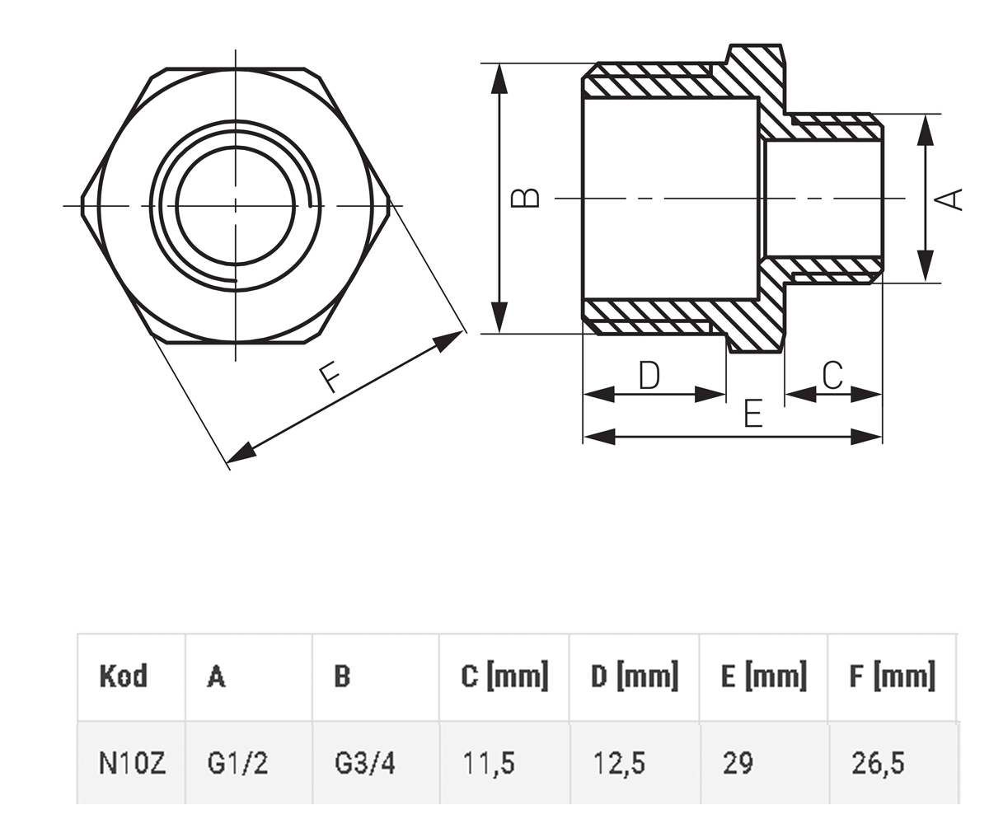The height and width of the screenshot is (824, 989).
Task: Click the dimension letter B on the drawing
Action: pos(526,198)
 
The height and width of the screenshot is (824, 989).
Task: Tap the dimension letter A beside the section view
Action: pos(949,199)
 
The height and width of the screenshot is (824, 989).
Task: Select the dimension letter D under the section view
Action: pos(649,375)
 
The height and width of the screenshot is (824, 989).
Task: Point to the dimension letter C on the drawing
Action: pos(832,375)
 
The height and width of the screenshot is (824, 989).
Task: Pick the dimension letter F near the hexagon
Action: pos(330,377)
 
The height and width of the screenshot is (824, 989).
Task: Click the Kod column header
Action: pos(123,676)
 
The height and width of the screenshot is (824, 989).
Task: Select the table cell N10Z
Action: pos(132,763)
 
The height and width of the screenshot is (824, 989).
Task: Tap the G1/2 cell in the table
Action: pos(237,763)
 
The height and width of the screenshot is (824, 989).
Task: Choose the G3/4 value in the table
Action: pos(365,763)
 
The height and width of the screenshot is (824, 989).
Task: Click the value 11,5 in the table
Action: pos(489,764)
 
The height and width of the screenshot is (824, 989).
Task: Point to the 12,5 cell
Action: pos(619,764)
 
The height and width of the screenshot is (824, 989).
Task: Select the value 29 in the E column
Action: pos(738,763)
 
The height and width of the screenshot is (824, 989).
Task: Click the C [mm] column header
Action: pos(504,676)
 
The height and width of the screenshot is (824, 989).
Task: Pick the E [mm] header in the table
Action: pos(763,676)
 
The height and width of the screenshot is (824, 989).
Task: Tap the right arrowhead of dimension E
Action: pos(866,437)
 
